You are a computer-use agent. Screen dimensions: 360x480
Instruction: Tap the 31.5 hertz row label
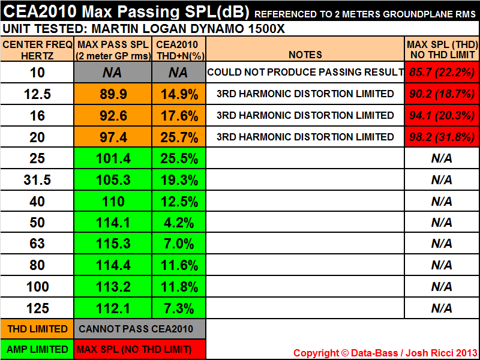tap(37, 180)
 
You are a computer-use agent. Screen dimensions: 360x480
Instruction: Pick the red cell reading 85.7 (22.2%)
tap(442, 73)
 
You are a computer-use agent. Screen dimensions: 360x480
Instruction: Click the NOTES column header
tap(305, 55)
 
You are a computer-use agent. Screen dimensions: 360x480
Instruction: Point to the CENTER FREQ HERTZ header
tap(37, 49)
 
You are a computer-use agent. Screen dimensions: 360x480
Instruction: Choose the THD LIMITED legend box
tap(37, 328)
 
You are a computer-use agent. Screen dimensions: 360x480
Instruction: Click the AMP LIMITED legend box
tap(37, 349)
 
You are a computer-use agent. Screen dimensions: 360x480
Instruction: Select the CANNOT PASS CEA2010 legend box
tap(140, 328)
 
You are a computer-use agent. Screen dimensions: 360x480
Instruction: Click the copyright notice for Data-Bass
tap(385, 353)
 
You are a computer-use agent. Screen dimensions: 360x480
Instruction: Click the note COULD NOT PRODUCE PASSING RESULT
tap(305, 73)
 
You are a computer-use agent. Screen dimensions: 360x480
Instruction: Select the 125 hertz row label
tap(37, 308)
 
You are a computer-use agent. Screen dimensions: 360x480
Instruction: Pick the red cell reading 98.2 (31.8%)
tap(442, 137)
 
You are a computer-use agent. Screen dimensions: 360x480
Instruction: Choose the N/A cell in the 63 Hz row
tap(442, 244)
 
